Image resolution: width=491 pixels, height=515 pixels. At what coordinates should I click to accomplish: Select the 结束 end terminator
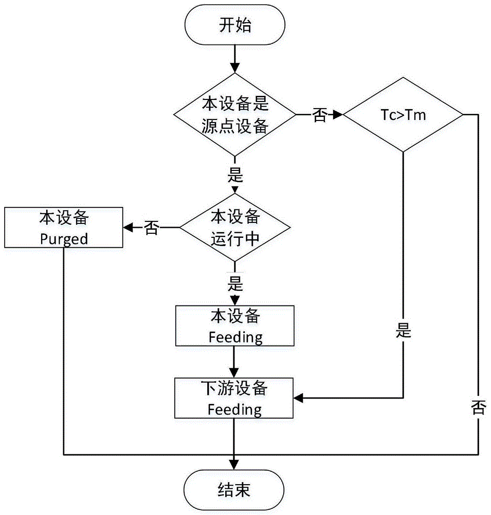pos(234,489)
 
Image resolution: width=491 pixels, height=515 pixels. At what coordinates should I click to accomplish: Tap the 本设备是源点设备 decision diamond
pos(234,115)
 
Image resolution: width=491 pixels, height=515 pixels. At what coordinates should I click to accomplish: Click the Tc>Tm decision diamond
pos(403,115)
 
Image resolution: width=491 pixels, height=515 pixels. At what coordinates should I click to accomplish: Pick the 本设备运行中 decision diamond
pos(234,227)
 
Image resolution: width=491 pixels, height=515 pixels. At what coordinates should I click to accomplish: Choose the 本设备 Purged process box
pos(64,227)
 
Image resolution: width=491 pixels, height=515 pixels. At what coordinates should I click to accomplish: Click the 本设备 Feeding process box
pos(234,325)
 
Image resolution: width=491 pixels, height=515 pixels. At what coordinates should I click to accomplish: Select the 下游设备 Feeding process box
pos(234,398)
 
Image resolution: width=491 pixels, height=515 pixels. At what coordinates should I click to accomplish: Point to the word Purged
pos(64,239)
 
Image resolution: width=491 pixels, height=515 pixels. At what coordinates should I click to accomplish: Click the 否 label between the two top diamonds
pos(319,116)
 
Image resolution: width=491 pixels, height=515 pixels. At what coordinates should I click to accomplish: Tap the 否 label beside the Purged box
pos(151,228)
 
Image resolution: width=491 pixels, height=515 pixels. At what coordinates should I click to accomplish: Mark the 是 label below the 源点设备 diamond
pos(234,176)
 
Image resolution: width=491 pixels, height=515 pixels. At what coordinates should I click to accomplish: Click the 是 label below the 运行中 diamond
pos(234,283)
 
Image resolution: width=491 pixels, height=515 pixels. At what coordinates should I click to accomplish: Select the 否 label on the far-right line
pos(478,407)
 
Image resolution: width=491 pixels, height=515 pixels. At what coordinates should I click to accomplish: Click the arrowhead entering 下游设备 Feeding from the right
pos(298,398)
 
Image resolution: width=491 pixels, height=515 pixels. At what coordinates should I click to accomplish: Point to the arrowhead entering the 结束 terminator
pos(234,467)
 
